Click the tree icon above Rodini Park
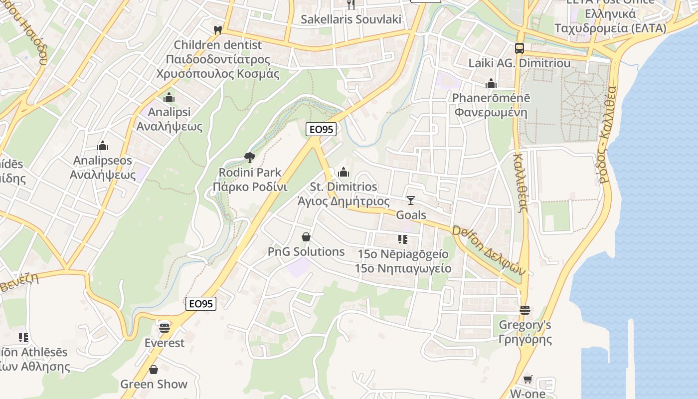click(249, 158)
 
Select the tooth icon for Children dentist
click(217, 30)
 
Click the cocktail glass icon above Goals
click(410, 200)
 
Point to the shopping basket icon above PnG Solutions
click(306, 237)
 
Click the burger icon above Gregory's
click(524, 310)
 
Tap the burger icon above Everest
click(165, 328)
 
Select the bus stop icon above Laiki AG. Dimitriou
click(520, 48)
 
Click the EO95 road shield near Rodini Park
click(321, 130)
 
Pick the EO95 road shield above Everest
click(201, 303)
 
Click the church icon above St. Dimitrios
click(344, 173)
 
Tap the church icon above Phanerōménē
click(491, 83)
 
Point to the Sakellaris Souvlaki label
click(351, 19)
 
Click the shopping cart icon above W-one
click(527, 379)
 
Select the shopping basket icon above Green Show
click(154, 370)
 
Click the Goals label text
click(411, 215)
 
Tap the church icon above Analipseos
click(103, 146)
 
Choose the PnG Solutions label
click(306, 252)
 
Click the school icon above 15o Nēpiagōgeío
click(402, 239)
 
